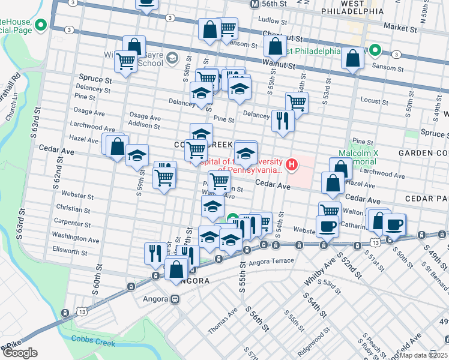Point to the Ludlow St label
tap(269, 20)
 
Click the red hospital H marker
tap(292, 164)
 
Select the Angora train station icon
tap(175, 298)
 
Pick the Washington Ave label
tap(75, 237)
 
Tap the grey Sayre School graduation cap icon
tap(172, 58)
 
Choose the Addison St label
tap(144, 126)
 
